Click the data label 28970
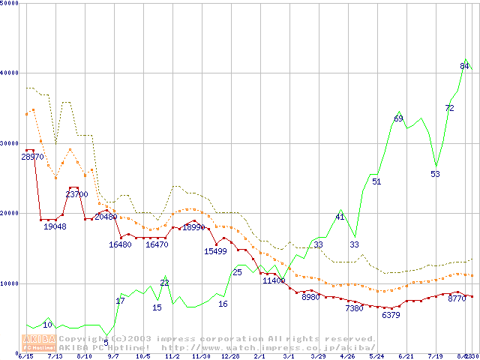(x=33, y=157)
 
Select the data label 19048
(x=55, y=226)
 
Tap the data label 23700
(x=76, y=194)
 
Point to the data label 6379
(x=391, y=315)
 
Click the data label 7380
(x=354, y=308)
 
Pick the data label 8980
(x=310, y=297)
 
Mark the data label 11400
(x=273, y=280)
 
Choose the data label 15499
(x=215, y=251)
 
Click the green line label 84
(x=464, y=66)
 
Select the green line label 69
(x=399, y=118)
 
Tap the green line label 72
(x=449, y=108)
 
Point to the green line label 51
(x=376, y=181)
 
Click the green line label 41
(x=340, y=217)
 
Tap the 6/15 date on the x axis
(x=25, y=356)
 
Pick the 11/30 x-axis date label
(x=201, y=356)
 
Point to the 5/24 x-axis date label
(x=376, y=356)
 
